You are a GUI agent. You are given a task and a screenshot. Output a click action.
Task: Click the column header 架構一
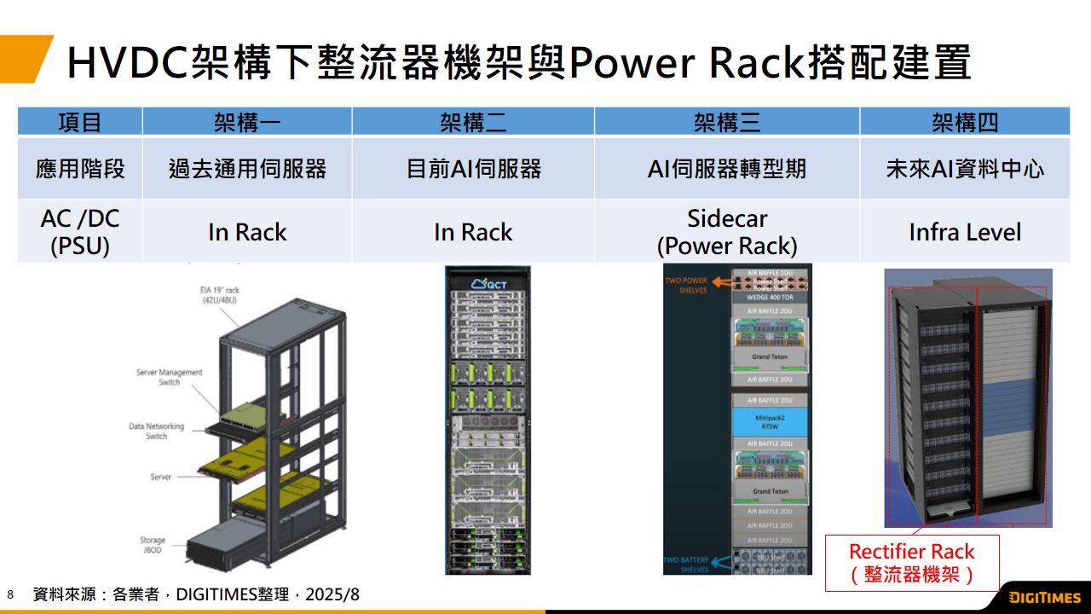(x=247, y=123)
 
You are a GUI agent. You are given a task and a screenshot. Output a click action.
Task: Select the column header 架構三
(x=727, y=123)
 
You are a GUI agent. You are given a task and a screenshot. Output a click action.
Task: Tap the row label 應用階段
(x=80, y=169)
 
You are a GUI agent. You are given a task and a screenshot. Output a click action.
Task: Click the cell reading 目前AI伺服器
(x=473, y=169)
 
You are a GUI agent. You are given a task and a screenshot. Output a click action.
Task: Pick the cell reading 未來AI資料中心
(x=965, y=169)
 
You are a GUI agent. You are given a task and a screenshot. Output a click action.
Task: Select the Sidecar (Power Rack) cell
(x=727, y=232)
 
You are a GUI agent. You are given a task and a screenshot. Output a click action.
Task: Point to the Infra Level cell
(x=965, y=232)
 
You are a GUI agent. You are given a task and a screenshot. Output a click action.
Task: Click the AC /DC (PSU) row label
(x=80, y=232)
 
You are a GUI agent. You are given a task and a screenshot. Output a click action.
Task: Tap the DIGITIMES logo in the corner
(x=1044, y=597)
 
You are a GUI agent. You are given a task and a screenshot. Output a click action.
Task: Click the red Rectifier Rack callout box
(x=911, y=563)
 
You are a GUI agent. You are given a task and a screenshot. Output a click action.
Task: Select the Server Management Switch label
(x=169, y=377)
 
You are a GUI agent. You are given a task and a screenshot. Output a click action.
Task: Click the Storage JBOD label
(x=153, y=546)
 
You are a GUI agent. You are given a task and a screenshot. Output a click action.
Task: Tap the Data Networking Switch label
(x=156, y=431)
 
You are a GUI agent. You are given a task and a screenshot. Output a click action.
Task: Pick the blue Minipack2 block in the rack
(x=770, y=422)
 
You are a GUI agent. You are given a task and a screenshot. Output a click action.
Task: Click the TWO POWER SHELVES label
(x=686, y=285)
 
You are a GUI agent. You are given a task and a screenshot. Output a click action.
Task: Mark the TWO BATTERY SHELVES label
(x=686, y=565)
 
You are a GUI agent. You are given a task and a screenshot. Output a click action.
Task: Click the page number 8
(x=10, y=594)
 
